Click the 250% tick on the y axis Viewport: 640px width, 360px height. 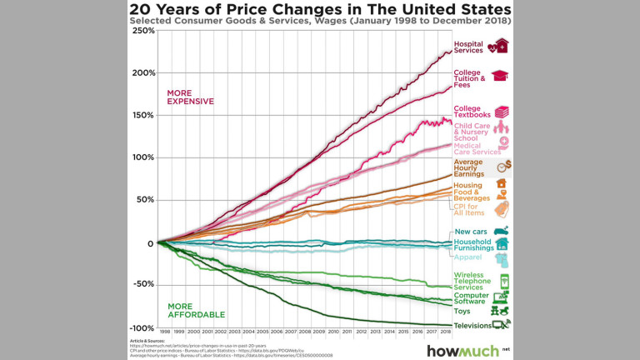click(143, 31)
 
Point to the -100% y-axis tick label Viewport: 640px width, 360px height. click(142, 327)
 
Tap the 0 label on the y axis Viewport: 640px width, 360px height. click(151, 243)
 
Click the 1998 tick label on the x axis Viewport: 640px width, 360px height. click(167, 332)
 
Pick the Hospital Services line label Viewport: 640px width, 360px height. click(469, 47)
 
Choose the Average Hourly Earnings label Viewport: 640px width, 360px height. click(469, 167)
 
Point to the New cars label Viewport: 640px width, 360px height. click(471, 232)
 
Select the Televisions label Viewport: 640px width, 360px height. click(472, 325)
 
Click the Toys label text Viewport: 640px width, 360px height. click(462, 311)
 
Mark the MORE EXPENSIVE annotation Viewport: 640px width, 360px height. click(191, 97)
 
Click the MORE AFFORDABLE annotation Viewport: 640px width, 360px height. click(197, 311)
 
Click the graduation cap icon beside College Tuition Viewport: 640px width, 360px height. click(501, 76)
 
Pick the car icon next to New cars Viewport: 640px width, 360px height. click(501, 231)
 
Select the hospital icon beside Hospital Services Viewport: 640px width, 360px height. click(502, 47)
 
